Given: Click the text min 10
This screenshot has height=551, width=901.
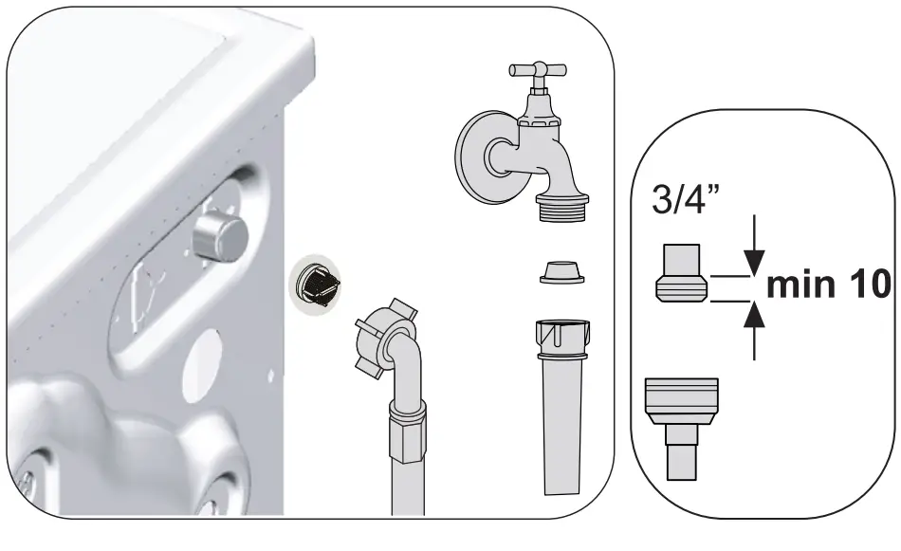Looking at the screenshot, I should point(826,285).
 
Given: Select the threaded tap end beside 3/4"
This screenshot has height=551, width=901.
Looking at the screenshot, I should point(681,274).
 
